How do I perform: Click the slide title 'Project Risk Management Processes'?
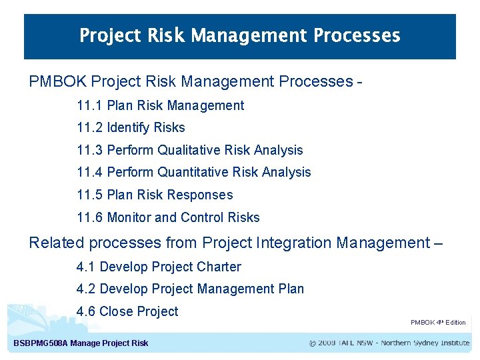(x=240, y=35)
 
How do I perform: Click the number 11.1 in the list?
(x=90, y=105)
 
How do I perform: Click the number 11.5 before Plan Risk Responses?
(x=90, y=195)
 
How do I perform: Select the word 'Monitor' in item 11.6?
(x=129, y=217)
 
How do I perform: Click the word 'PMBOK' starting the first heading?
(x=57, y=82)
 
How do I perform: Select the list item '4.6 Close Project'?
(x=127, y=311)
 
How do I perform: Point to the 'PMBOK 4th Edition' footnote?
(x=438, y=323)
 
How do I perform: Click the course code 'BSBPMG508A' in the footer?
(x=41, y=343)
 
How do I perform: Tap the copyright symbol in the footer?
(x=313, y=343)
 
